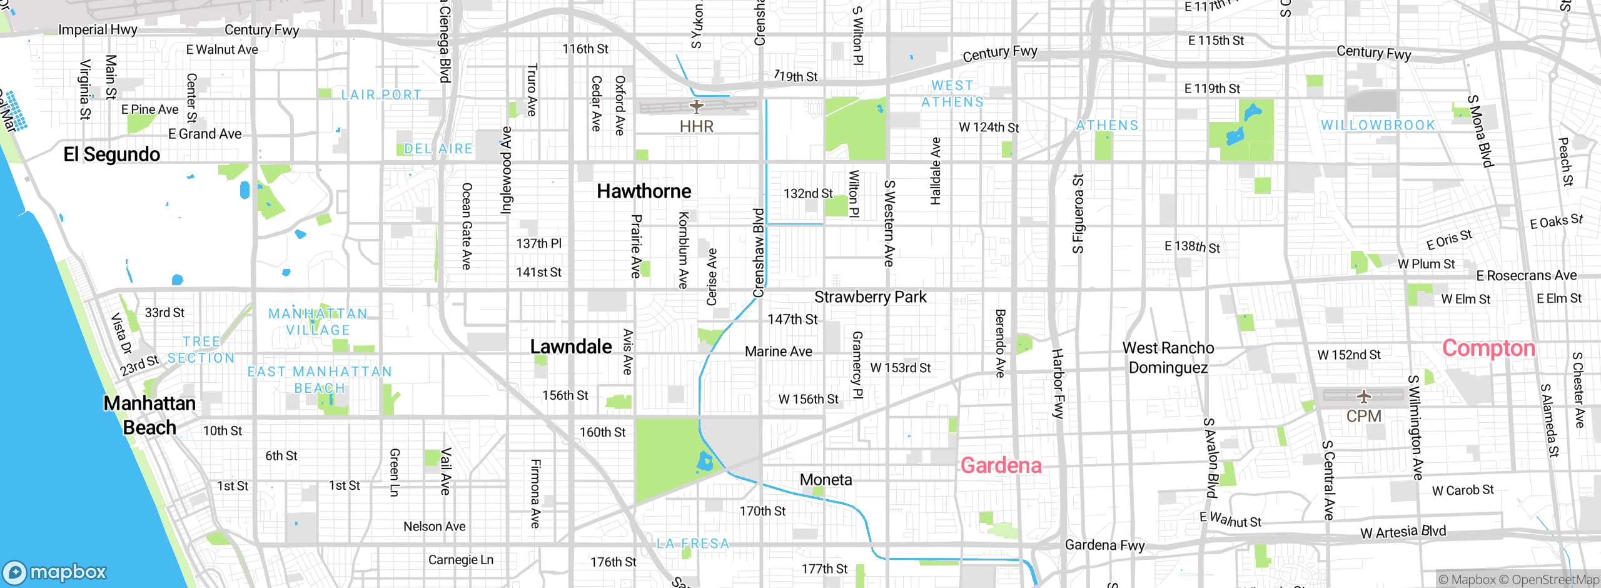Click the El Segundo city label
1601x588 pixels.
(x=111, y=154)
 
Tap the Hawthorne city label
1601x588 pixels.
(x=644, y=191)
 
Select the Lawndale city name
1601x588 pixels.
(x=570, y=346)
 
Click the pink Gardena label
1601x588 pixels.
(x=1001, y=465)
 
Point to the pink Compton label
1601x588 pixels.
(x=1488, y=348)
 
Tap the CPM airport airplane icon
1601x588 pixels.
(x=1363, y=396)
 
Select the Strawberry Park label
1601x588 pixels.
(x=870, y=297)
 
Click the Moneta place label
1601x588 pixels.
(x=826, y=479)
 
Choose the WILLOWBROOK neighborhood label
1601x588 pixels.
(x=1378, y=125)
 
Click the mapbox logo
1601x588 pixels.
(x=55, y=572)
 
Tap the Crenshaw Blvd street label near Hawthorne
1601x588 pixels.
(x=758, y=253)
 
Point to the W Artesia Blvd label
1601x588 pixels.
(x=1403, y=532)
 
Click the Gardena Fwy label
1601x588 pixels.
(x=1104, y=545)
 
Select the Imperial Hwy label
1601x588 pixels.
(x=98, y=29)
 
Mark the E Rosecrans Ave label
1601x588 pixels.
(x=1526, y=275)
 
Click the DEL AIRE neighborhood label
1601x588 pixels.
(x=438, y=149)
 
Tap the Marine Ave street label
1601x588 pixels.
(x=778, y=352)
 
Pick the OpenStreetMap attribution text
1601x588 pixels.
(x=1555, y=580)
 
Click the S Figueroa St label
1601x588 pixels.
(x=1078, y=214)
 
